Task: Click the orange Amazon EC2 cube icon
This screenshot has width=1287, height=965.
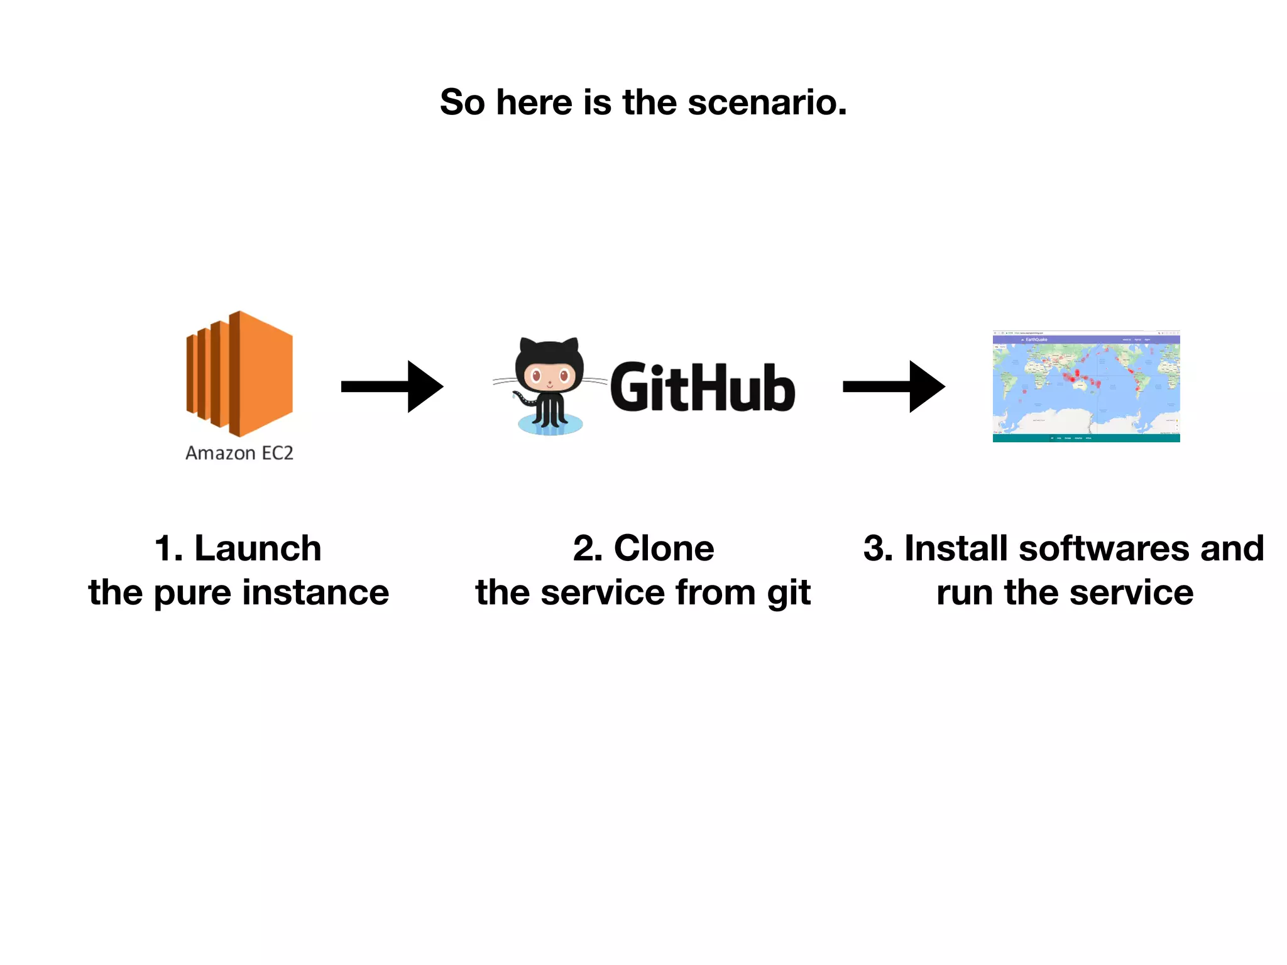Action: click(239, 374)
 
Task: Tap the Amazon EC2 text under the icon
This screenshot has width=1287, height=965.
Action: click(239, 453)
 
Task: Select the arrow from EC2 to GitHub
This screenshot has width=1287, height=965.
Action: click(392, 386)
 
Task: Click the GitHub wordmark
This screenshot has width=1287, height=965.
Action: click(703, 388)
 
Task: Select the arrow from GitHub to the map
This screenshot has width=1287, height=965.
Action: click(894, 386)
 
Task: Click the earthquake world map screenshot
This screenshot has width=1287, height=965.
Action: click(1086, 386)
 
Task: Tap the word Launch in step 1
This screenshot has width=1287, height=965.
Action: click(258, 548)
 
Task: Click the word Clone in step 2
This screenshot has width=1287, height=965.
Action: click(664, 548)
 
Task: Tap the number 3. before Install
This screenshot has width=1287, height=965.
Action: click(877, 548)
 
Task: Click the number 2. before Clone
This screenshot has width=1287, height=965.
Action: click(587, 548)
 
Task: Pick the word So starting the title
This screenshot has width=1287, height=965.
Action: click(463, 102)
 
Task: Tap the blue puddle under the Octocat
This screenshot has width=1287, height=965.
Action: click(550, 425)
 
